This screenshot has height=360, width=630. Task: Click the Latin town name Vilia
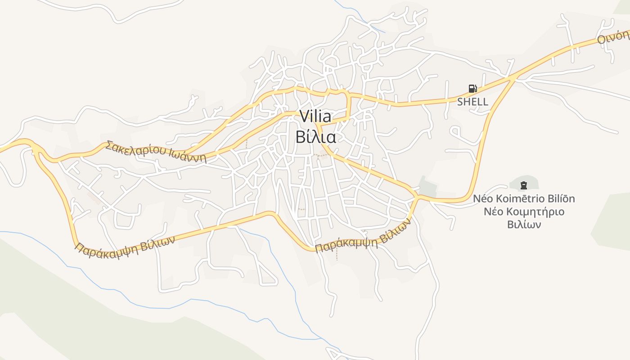tap(315, 117)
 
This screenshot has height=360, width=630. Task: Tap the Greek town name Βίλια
tap(315, 137)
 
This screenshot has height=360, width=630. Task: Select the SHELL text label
tap(472, 102)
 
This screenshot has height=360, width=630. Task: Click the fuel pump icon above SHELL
tap(472, 89)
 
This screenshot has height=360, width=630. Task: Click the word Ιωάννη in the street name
tap(188, 157)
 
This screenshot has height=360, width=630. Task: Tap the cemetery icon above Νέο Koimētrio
tap(523, 185)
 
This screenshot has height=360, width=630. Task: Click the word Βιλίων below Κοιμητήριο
tap(524, 224)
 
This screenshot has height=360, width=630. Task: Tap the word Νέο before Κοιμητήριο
tap(493, 211)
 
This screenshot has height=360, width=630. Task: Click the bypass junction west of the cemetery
tap(417, 197)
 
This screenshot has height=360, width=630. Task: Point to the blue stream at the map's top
tap(360, 18)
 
